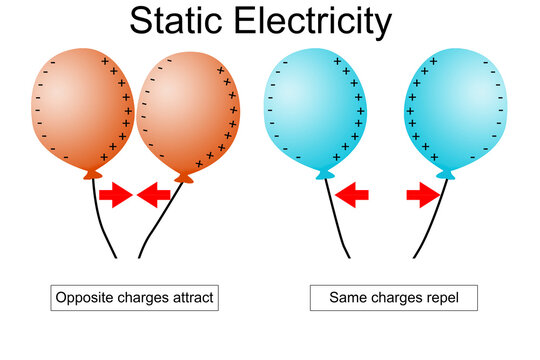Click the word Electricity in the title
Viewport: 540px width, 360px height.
[319, 21]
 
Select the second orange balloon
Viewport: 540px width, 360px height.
[191, 110]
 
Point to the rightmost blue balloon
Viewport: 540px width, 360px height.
[450, 110]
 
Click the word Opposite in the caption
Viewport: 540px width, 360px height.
[87, 297]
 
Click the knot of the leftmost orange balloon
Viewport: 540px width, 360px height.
[92, 174]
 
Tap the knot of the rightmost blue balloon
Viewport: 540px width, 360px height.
[446, 176]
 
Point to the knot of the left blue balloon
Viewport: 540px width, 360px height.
[323, 175]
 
